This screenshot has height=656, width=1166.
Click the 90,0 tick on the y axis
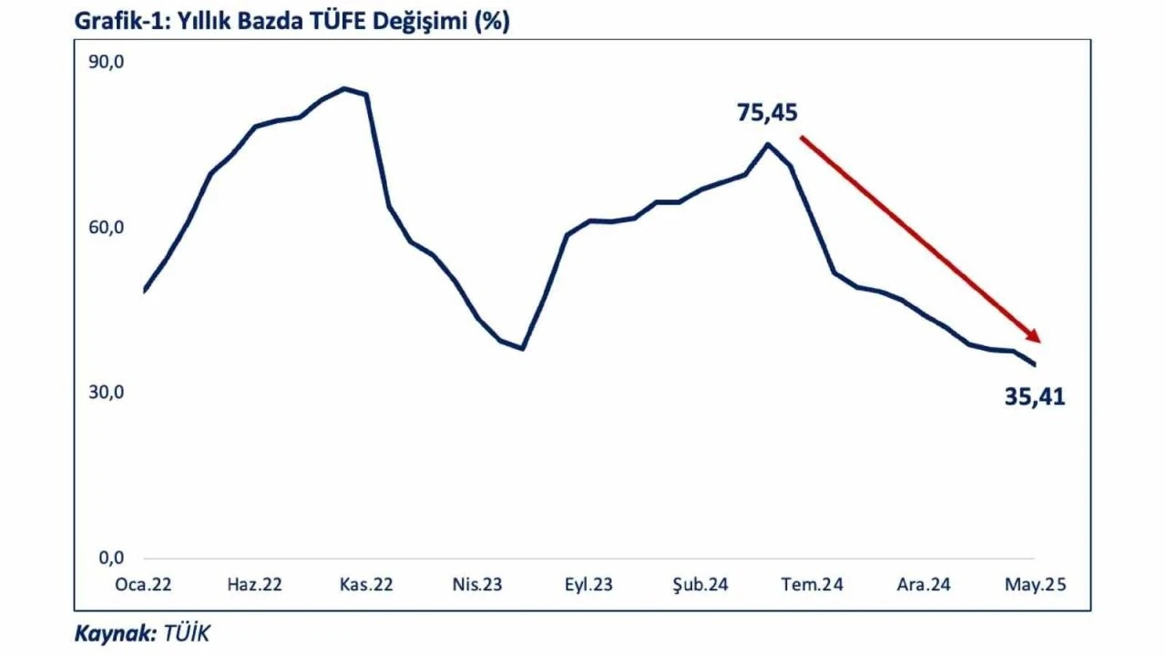pyautogui.click(x=106, y=63)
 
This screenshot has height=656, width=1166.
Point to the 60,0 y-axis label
pyautogui.click(x=106, y=228)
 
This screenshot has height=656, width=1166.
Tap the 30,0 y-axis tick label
pyautogui.click(x=106, y=393)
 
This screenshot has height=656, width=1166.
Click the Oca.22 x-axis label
pyautogui.click(x=143, y=585)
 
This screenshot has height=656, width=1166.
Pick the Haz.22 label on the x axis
pyautogui.click(x=254, y=585)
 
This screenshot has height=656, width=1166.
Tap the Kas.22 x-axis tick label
pyautogui.click(x=366, y=585)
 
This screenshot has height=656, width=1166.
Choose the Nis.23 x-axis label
pyautogui.click(x=477, y=585)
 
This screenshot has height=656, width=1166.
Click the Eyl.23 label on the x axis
pyautogui.click(x=588, y=585)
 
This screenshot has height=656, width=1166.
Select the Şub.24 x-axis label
pyautogui.click(x=700, y=585)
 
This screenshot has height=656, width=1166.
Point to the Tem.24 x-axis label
pyautogui.click(x=812, y=585)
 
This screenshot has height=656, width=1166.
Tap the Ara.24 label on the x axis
pyautogui.click(x=923, y=585)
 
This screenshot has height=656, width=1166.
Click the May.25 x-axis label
pyautogui.click(x=1035, y=585)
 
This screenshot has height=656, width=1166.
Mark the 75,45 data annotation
pyautogui.click(x=767, y=113)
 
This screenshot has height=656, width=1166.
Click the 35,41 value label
pyautogui.click(x=1035, y=397)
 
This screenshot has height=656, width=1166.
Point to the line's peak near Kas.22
pyautogui.click(x=344, y=88)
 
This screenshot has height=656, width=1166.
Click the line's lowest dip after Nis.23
pyautogui.click(x=523, y=348)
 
